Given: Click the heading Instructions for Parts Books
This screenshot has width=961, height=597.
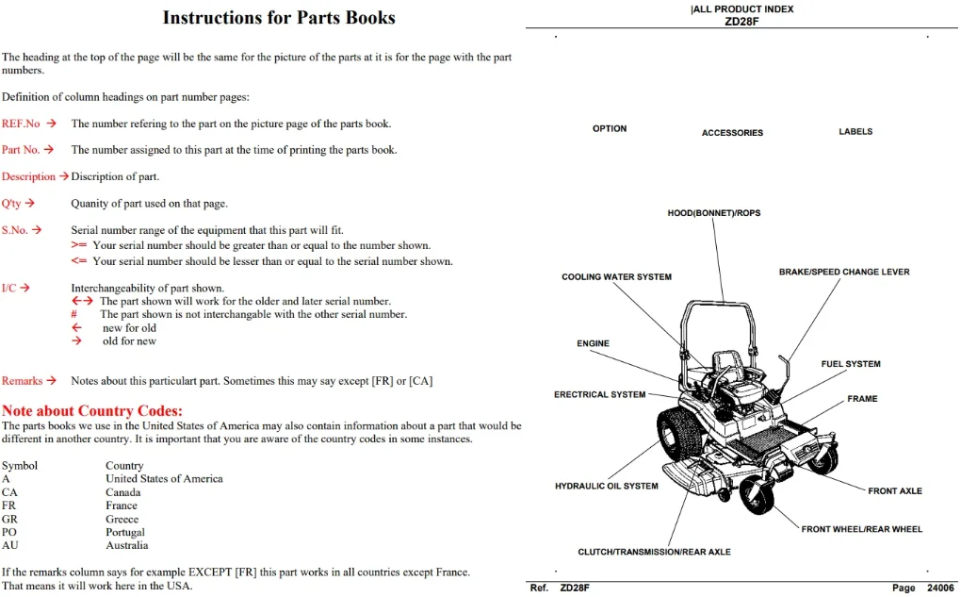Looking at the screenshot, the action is click(279, 18).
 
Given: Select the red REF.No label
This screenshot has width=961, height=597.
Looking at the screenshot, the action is click(21, 124).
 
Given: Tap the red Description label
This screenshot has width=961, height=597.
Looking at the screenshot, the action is click(28, 176).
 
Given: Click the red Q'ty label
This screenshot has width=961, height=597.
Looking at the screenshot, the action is click(11, 203).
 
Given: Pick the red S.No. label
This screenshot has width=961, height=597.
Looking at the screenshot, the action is click(15, 230).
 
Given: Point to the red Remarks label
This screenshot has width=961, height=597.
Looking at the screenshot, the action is click(22, 381).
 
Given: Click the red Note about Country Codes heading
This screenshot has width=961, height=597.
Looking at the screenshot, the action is click(92, 410).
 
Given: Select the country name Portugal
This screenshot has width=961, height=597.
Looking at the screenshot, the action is click(125, 532).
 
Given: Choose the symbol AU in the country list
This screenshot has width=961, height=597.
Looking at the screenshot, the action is click(9, 545).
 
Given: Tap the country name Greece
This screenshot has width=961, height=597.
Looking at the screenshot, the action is click(122, 519).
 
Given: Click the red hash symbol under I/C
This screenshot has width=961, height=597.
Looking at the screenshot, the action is click(73, 314).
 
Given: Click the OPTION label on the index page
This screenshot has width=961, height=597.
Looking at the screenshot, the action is click(610, 129).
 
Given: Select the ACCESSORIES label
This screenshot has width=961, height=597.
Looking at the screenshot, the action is click(732, 133).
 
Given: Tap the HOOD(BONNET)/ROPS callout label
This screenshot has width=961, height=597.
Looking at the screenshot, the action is click(714, 213).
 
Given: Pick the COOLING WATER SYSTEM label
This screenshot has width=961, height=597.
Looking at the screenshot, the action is click(616, 276).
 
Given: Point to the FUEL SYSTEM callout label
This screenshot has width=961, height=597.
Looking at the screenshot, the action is click(851, 364).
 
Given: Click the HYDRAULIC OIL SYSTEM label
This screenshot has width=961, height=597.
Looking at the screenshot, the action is click(607, 486).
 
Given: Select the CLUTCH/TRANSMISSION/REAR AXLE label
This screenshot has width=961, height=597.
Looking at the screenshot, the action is click(654, 552).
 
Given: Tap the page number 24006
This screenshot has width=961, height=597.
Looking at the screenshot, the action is click(941, 588).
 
